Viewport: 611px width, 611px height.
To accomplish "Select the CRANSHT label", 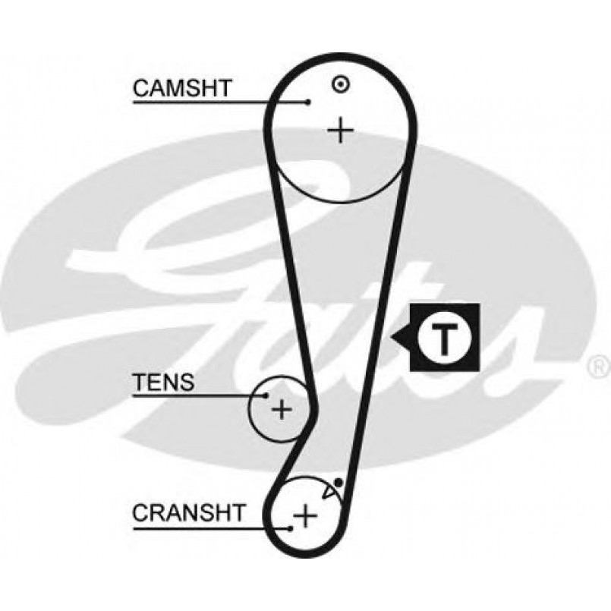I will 189,512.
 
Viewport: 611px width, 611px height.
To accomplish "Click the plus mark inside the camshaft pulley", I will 341,131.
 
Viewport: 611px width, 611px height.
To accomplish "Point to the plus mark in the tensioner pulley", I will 282,410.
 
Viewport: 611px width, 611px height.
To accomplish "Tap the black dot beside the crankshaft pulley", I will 338,482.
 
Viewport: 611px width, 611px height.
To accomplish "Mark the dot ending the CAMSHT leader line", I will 308,102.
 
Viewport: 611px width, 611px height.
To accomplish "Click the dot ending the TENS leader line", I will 266,395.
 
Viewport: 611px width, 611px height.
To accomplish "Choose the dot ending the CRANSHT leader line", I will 291,525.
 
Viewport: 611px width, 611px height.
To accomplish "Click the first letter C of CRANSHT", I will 140,512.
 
